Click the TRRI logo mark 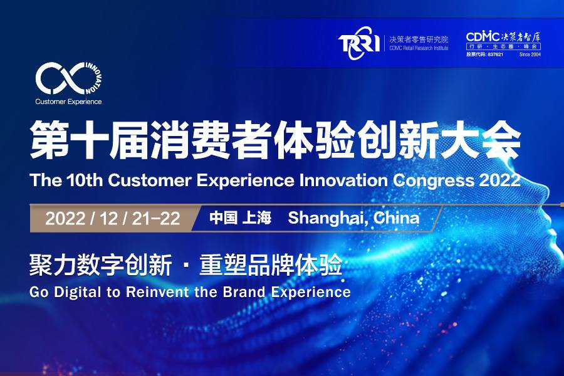(358, 44)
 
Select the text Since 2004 (530, 55)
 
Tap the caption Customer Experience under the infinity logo (68, 101)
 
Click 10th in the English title (85, 181)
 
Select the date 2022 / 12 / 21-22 (113, 219)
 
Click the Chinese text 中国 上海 (239, 219)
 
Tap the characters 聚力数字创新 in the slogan (100, 268)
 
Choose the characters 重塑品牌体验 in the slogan (270, 268)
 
